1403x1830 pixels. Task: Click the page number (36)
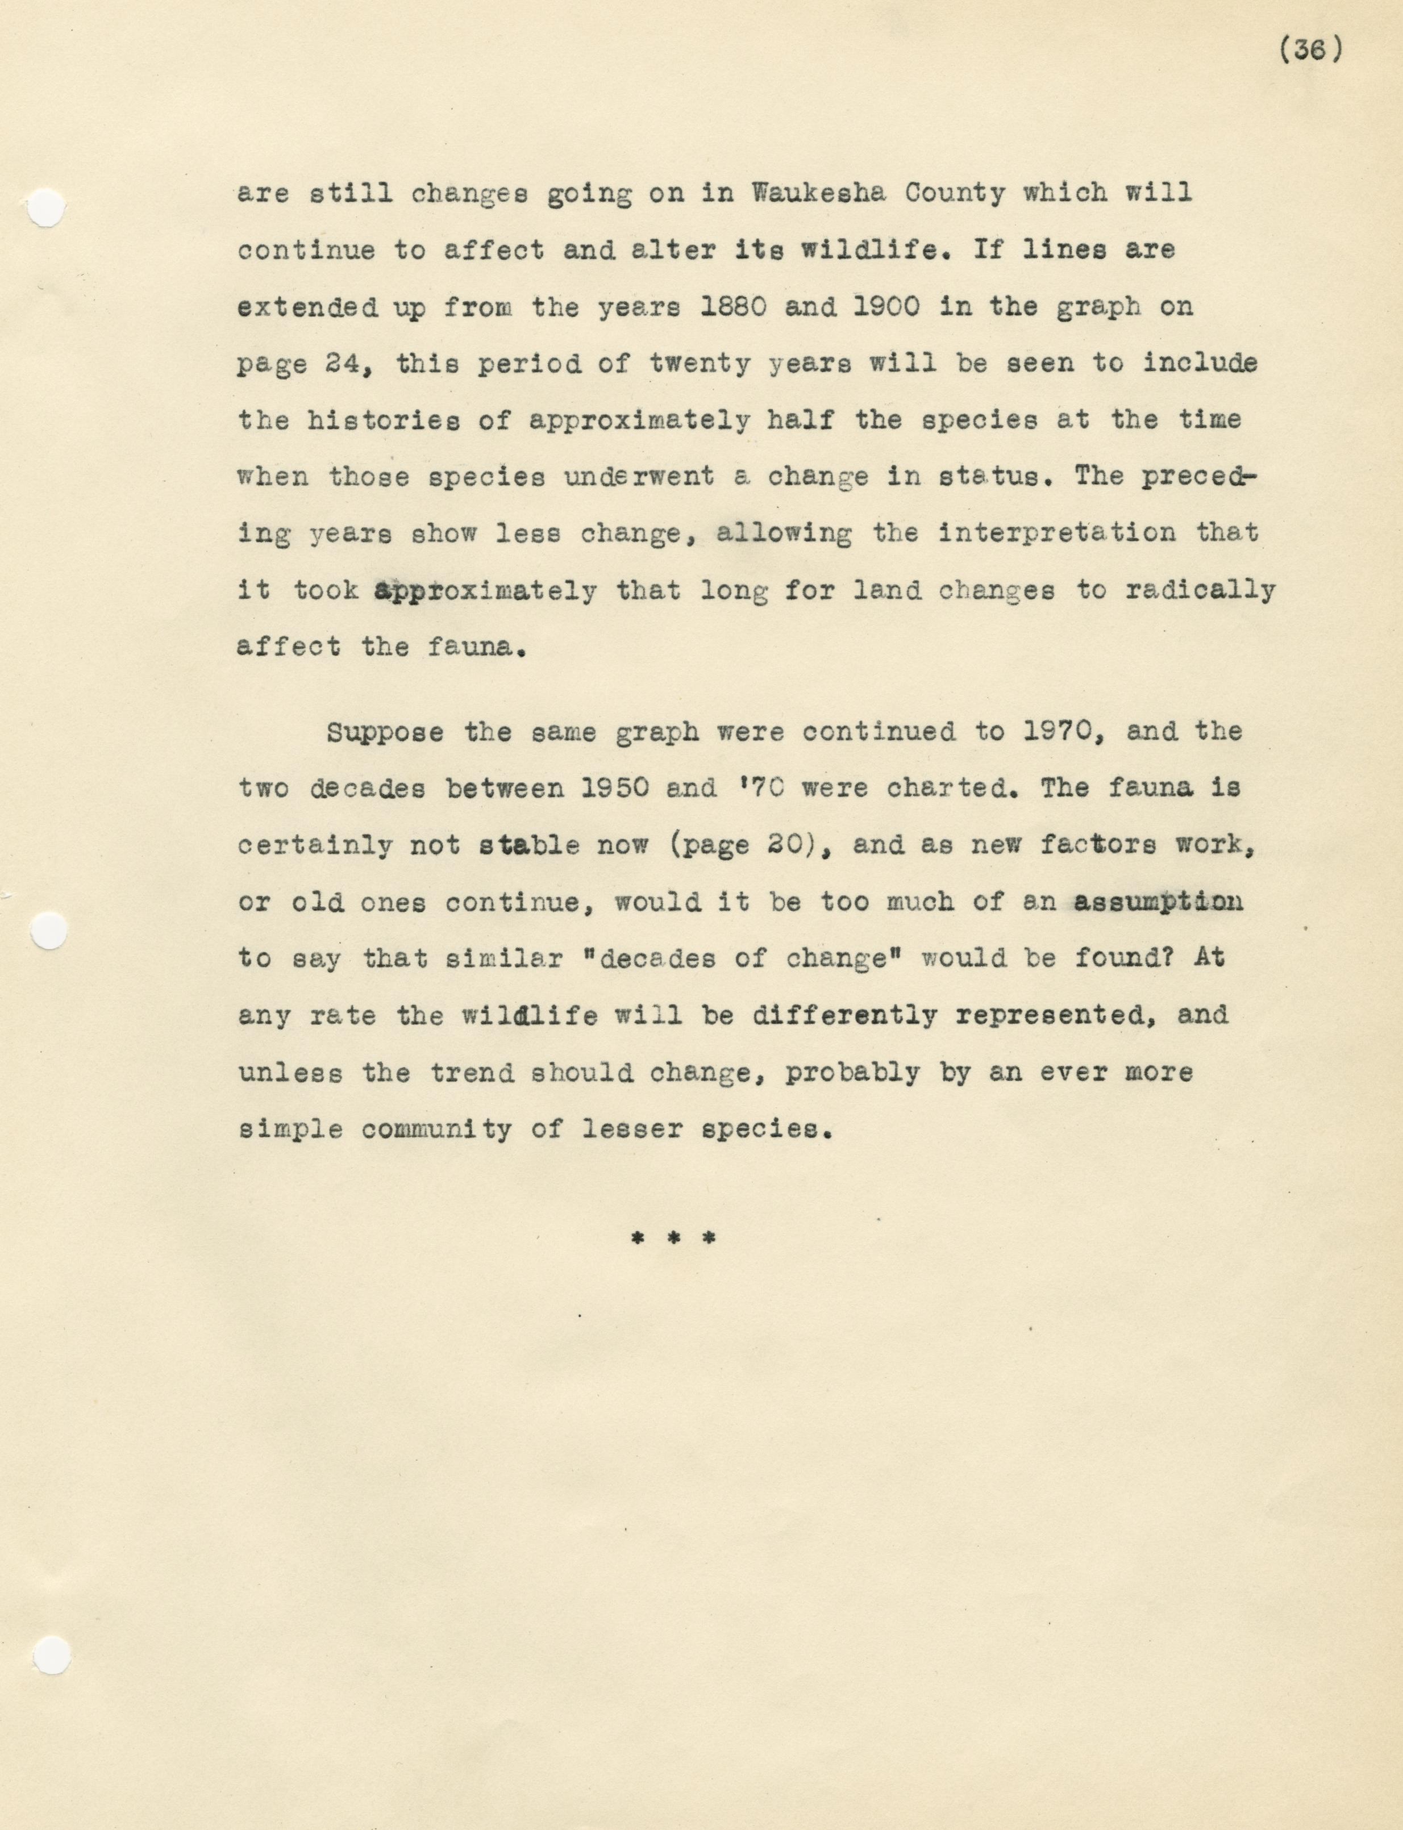point(1310,51)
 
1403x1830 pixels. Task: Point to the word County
point(955,193)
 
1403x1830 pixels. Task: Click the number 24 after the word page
point(343,364)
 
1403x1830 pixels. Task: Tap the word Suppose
point(385,732)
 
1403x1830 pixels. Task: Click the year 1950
point(615,788)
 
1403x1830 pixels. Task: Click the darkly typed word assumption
point(1158,902)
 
